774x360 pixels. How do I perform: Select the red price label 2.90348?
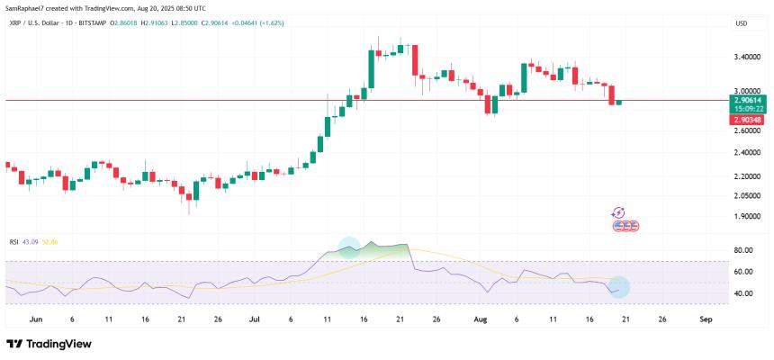coord(749,120)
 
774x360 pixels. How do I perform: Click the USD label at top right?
coord(741,23)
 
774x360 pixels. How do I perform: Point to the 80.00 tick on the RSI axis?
coord(743,250)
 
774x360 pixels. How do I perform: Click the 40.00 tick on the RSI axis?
coord(743,293)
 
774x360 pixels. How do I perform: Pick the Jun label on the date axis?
coord(36,319)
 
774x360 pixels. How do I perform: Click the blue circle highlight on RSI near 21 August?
coord(618,287)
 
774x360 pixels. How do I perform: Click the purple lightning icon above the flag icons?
coord(618,213)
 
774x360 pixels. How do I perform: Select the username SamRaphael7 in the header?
coord(27,7)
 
